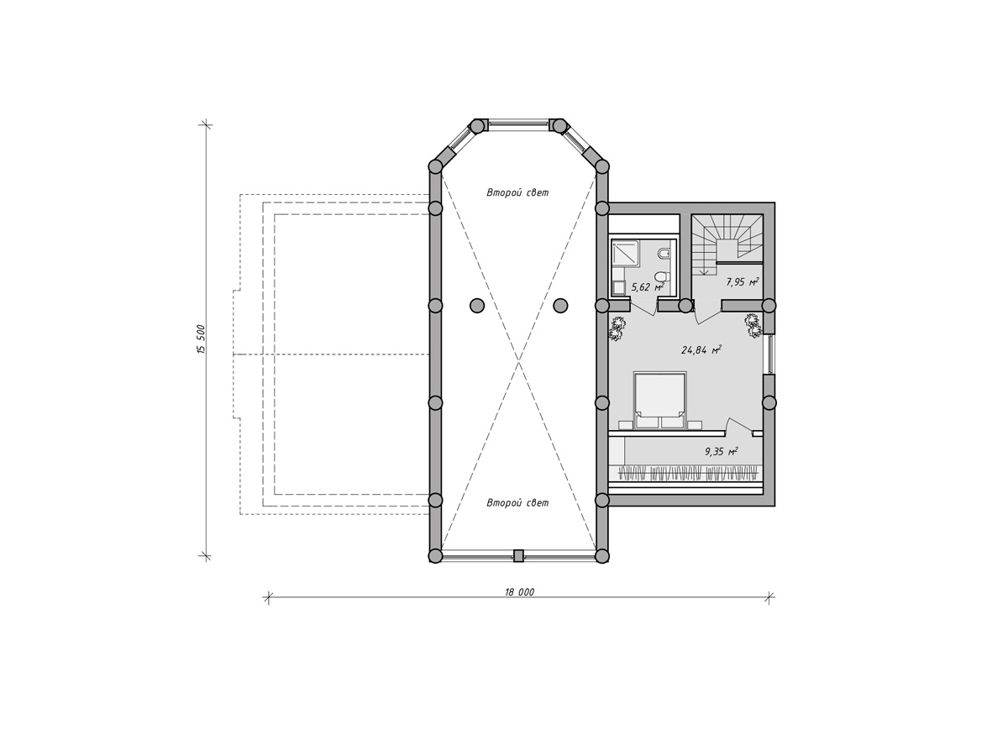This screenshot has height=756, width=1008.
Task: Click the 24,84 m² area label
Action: point(701,350)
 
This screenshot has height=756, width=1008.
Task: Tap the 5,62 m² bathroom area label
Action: point(648,288)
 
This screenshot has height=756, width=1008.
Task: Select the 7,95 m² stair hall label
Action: point(742,282)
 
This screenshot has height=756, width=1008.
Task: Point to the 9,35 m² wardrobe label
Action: point(722,452)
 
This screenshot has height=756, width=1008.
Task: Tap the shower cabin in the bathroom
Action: point(625,254)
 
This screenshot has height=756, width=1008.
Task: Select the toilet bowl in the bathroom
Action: point(662,277)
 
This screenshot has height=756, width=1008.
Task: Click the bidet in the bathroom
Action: point(664,254)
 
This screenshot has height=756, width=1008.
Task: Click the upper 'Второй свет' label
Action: point(517,193)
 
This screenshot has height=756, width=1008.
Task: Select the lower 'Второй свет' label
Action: point(517,503)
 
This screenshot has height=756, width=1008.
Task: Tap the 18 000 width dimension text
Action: point(520,592)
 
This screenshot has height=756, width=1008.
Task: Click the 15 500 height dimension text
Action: point(201,339)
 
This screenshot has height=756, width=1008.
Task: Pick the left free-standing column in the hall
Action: point(477,305)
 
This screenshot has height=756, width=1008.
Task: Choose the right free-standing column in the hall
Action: point(560,305)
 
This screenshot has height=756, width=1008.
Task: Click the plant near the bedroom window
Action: point(752,325)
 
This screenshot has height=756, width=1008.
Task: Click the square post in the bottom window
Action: point(518,556)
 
